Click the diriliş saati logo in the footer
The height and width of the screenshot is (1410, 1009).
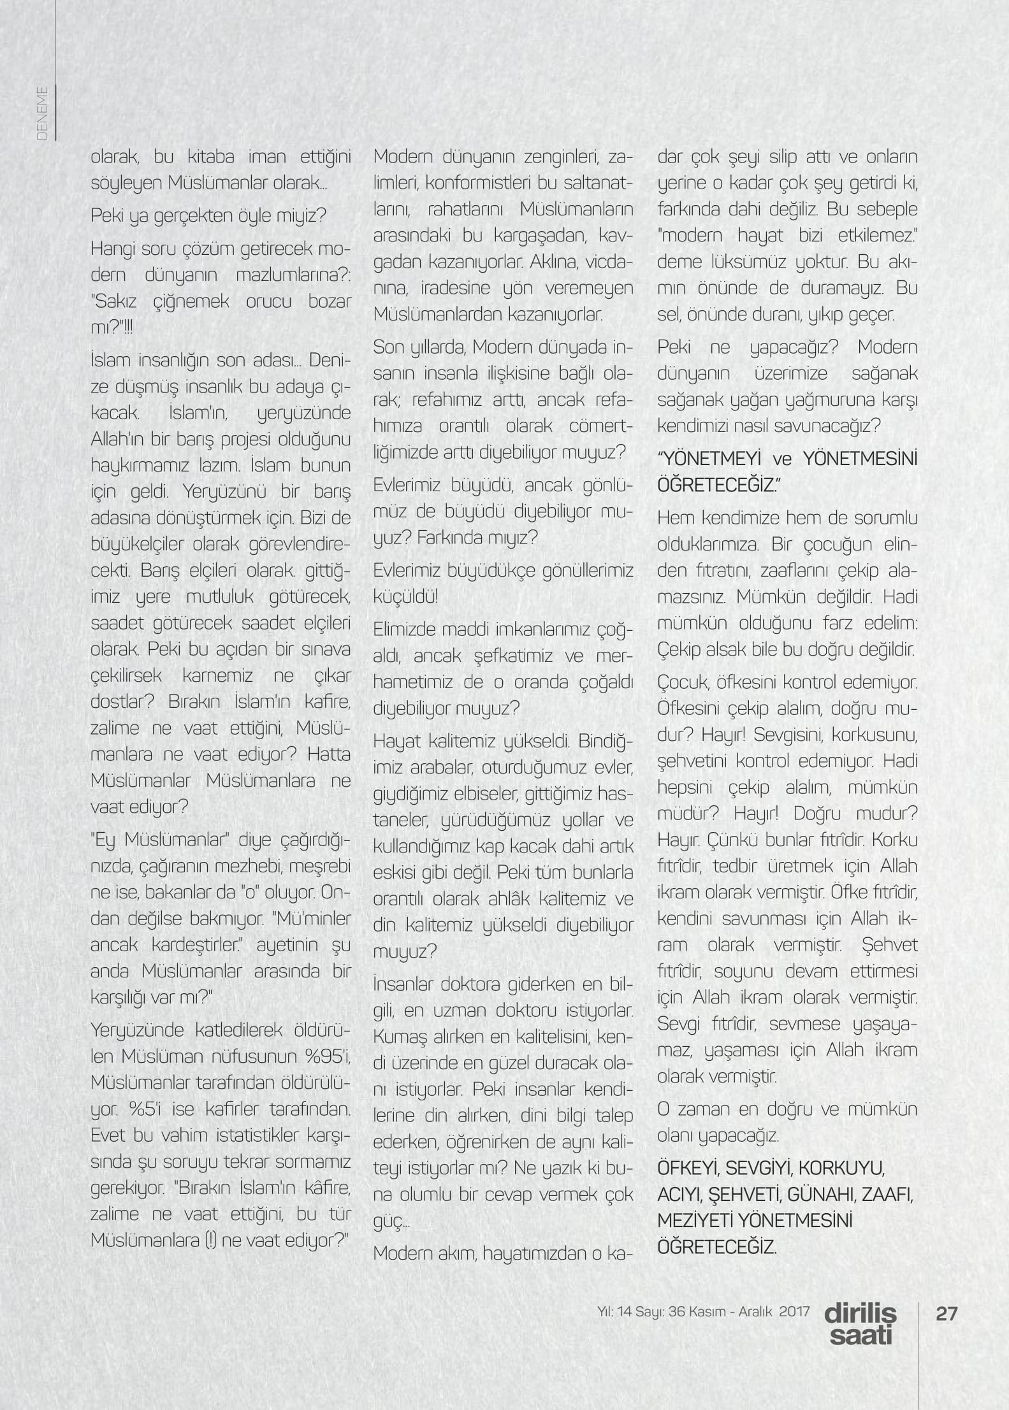(x=860, y=1324)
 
